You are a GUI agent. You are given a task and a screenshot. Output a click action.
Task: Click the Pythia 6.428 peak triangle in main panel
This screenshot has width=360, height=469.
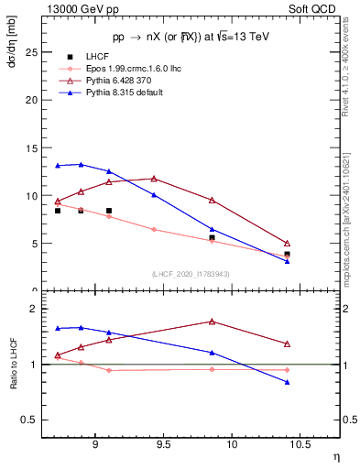154,179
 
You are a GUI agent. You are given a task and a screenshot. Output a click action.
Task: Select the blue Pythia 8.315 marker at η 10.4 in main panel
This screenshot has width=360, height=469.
287,261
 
